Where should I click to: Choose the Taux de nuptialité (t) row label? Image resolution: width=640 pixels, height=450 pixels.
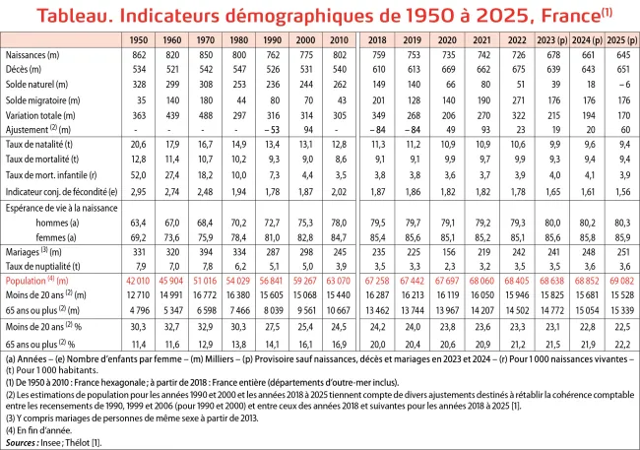tap(44, 266)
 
